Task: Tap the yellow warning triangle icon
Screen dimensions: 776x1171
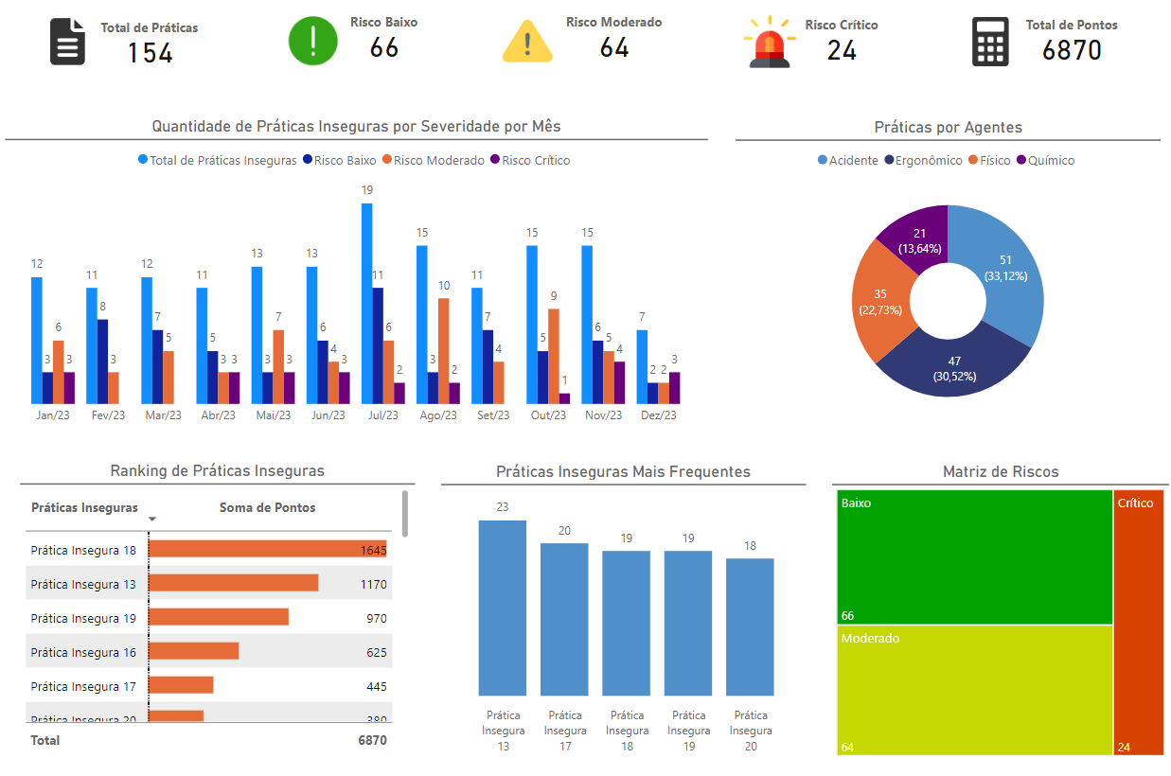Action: pos(527,42)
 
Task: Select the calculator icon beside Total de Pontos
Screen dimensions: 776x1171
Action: pos(990,43)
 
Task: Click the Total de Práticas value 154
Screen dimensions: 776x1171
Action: pos(150,53)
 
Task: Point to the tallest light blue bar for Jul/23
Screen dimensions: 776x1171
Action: pos(366,303)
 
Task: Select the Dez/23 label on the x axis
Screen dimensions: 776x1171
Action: pos(659,415)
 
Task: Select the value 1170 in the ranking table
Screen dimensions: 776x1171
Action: pos(373,585)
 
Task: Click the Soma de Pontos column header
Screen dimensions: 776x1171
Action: pos(267,508)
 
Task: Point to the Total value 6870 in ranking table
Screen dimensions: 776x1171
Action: pos(372,740)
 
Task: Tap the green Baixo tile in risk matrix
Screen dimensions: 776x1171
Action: pos(974,556)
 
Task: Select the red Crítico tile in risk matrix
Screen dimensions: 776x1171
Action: pos(1138,622)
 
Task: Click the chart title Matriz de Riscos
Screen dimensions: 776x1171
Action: pos(1000,471)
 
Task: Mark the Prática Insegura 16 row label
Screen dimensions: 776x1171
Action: pos(83,653)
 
